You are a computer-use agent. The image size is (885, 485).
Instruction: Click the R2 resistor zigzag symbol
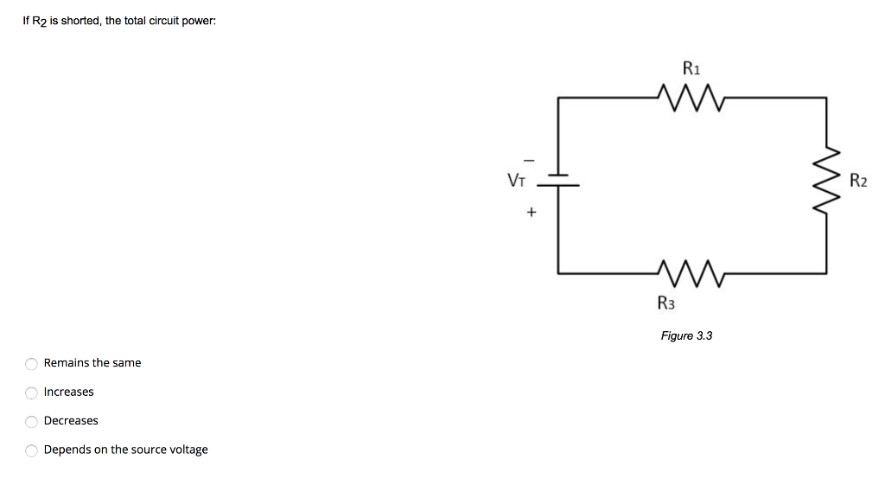[x=827, y=182]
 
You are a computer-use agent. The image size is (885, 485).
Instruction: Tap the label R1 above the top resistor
[x=691, y=67]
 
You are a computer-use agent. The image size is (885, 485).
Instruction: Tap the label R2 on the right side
[x=857, y=182]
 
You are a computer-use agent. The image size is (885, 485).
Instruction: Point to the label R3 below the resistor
[x=665, y=303]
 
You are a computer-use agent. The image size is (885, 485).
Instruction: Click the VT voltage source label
[x=516, y=181]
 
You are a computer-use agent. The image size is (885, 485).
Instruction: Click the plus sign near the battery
[x=531, y=211]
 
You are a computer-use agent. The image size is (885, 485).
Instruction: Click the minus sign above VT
[x=531, y=159]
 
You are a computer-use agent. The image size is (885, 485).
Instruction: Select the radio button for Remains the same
[x=31, y=363]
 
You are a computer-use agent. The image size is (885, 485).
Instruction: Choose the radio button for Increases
[x=31, y=392]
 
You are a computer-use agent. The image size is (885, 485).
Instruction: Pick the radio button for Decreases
[x=31, y=421]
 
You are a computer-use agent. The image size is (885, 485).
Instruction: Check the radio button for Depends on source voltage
[x=31, y=450]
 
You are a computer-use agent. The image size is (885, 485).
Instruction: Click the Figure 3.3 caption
[x=686, y=335]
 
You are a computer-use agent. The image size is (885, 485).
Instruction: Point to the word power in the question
[x=198, y=21]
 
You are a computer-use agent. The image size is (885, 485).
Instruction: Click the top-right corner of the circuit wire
[x=827, y=98]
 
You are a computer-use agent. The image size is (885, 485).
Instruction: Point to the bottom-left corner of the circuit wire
[x=557, y=272]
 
